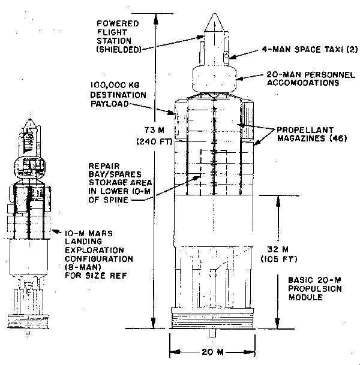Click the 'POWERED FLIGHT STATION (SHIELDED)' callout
click(118, 36)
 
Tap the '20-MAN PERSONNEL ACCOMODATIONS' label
click(301, 80)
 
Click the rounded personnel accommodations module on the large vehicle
click(214, 78)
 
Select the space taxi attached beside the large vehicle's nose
click(225, 58)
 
